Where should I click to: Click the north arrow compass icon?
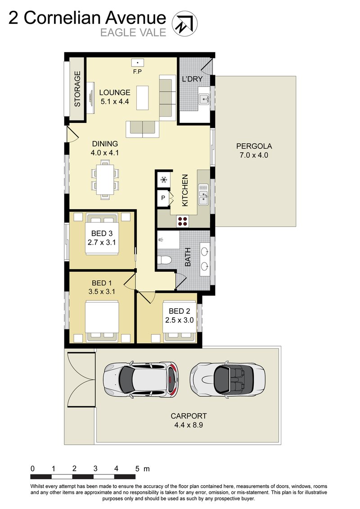pyautogui.click(x=184, y=23)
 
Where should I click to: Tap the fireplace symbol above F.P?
pyautogui.click(x=137, y=63)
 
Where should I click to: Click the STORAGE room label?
pyautogui.click(x=77, y=89)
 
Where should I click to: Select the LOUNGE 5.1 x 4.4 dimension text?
pyautogui.click(x=115, y=102)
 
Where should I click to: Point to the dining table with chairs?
pyautogui.click(x=105, y=178)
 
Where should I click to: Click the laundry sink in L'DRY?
pyautogui.click(x=204, y=99)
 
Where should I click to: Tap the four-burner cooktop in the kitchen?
pyautogui.click(x=182, y=221)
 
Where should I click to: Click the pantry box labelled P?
pyautogui.click(x=163, y=198)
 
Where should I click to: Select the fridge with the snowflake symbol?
pyautogui.click(x=163, y=179)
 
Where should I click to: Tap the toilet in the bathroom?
pyautogui.click(x=164, y=260)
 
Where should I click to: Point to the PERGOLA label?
pyautogui.click(x=254, y=146)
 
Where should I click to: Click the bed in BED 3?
pyautogui.click(x=102, y=234)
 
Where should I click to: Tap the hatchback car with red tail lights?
pyautogui.click(x=141, y=379)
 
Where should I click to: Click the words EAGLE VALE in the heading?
pyautogui.click(x=133, y=32)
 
